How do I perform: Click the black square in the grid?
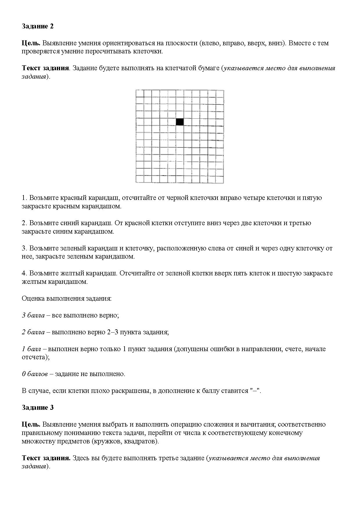180,122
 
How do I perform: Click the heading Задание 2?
37,26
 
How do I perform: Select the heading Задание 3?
37,407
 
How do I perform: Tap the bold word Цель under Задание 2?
31,43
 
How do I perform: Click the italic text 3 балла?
33,315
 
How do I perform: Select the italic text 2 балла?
33,332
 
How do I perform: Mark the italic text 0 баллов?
35,374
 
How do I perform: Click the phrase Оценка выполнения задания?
66,299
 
